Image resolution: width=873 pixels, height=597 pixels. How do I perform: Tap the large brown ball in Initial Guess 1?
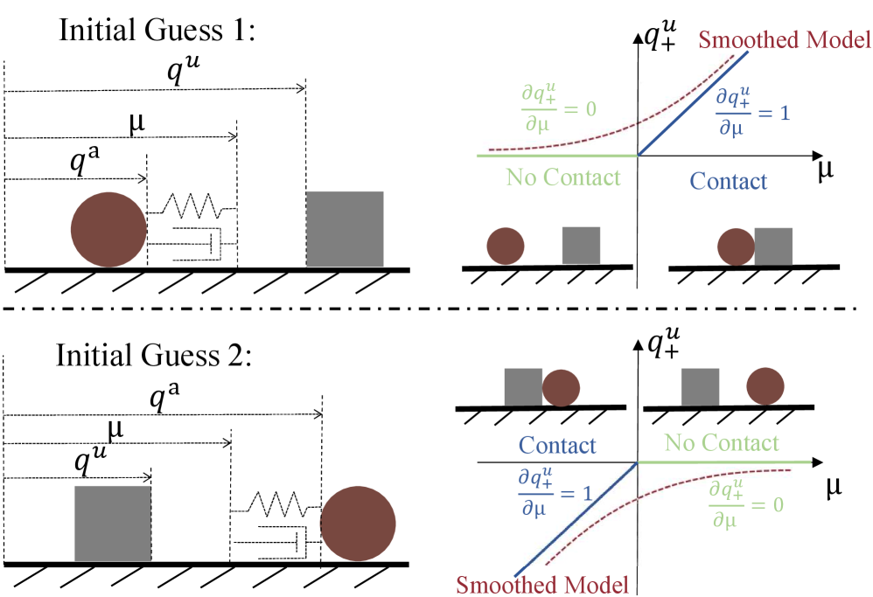[108, 229]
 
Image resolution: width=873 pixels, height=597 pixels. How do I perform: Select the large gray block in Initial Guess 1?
[345, 228]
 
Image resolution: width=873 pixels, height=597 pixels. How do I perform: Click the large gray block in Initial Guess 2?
[113, 523]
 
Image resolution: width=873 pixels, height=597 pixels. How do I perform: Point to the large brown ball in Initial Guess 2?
[358, 523]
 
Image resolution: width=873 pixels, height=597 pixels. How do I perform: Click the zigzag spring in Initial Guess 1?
[191, 206]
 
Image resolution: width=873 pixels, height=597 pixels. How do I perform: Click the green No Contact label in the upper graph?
[562, 177]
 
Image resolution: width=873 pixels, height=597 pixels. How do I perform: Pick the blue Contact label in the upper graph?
[728, 181]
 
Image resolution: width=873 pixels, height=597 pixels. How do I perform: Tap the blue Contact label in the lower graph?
[557, 446]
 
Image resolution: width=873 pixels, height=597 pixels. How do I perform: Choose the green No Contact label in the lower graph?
[720, 443]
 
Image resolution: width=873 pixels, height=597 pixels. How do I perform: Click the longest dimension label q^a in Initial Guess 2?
[158, 399]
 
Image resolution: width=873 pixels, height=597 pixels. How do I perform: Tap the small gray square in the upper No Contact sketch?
[581, 245]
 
